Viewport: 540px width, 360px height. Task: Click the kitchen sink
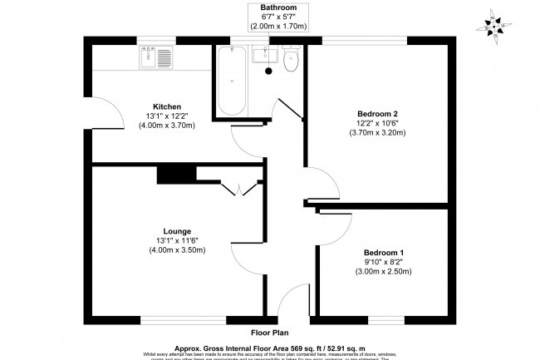(155, 57)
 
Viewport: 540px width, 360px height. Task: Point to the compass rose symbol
(496, 29)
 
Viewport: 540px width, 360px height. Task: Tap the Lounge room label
(177, 231)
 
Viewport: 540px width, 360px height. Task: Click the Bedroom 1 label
(384, 253)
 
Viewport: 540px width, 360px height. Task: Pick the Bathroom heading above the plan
(278, 7)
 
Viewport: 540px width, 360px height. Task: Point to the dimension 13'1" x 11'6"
(177, 241)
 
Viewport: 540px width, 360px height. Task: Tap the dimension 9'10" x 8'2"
(384, 262)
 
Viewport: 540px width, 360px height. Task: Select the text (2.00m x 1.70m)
(278, 27)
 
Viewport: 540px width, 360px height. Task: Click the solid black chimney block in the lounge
(175, 174)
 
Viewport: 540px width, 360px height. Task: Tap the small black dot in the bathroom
(268, 71)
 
